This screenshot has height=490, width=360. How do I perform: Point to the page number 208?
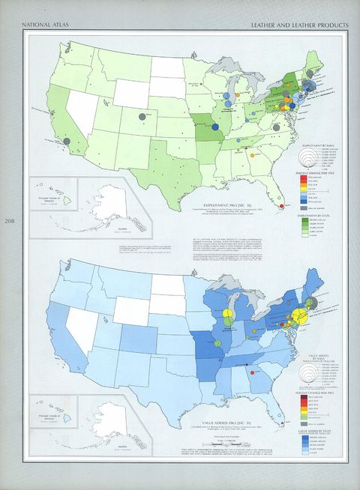pos(8,221)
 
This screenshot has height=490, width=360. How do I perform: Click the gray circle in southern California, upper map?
pos(67,140)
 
